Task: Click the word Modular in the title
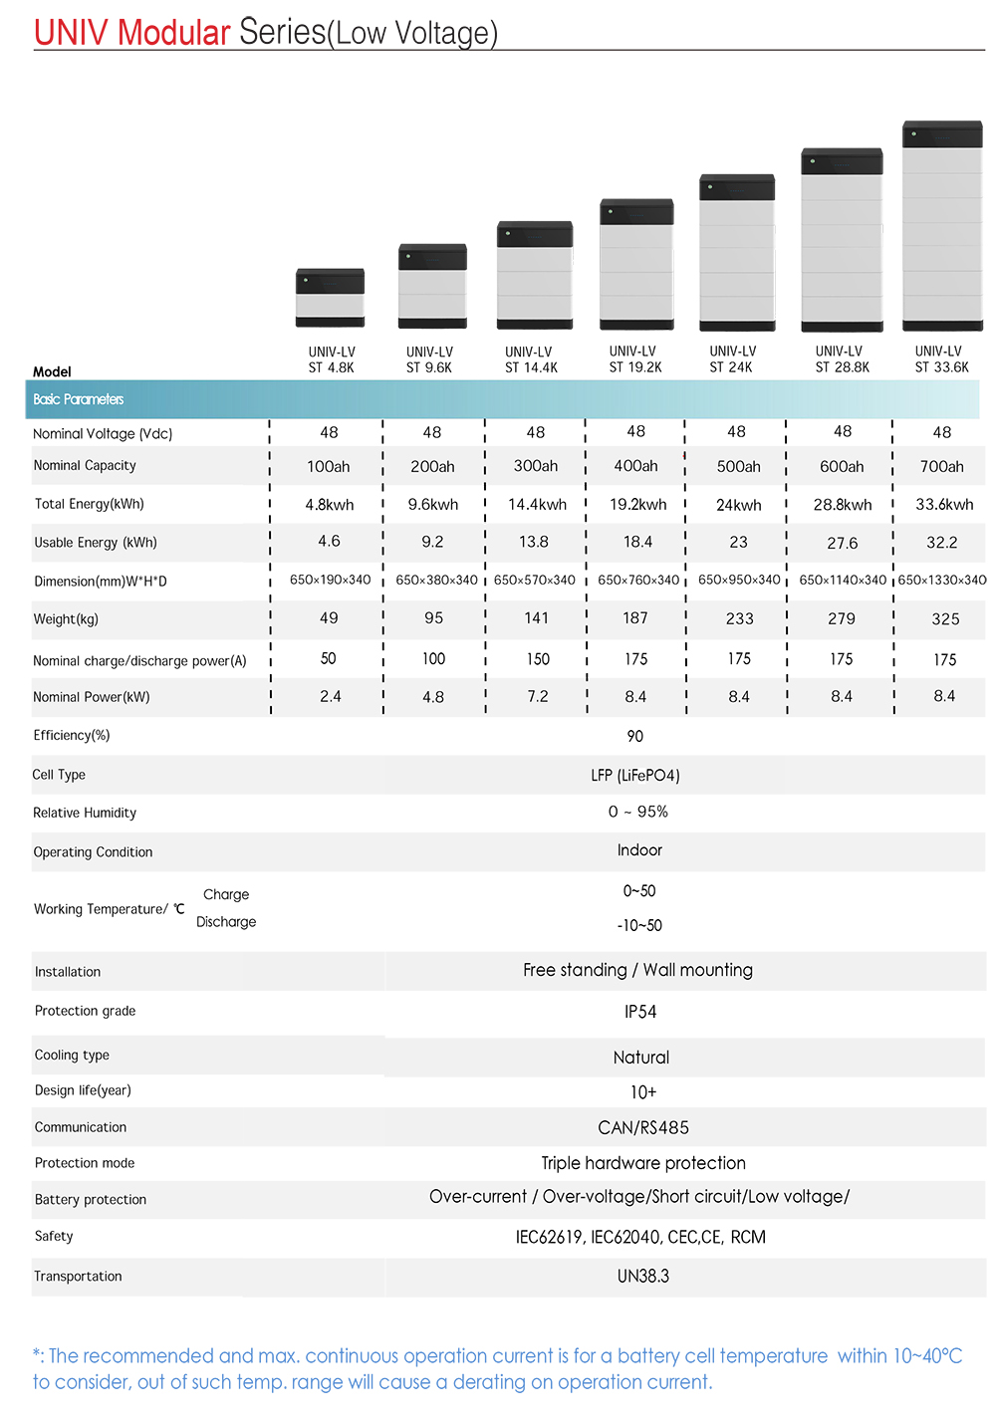173,33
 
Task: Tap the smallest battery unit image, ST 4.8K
330,298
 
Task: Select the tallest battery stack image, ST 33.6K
942,226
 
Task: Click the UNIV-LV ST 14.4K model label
530,359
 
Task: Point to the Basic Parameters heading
79,399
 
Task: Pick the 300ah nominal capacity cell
536,466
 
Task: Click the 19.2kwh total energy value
637,505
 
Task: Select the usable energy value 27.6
842,543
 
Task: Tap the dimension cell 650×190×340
330,580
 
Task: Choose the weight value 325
945,619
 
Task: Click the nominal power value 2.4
331,697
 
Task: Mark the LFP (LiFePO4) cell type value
635,775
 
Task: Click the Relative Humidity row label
85,813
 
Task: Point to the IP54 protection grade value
640,1012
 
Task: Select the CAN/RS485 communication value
643,1127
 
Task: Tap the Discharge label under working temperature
226,922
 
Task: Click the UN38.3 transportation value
643,1276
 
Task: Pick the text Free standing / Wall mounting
637,970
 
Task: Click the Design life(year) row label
83,1090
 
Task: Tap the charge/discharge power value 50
328,659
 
